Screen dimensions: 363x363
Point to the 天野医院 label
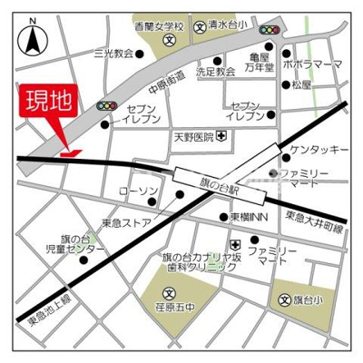(x=192, y=138)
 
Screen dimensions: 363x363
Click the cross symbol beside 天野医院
(x=221, y=138)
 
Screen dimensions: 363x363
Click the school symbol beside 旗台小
(x=283, y=299)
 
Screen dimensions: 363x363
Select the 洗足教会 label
(x=215, y=70)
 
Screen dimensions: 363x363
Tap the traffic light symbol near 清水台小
(x=270, y=30)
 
